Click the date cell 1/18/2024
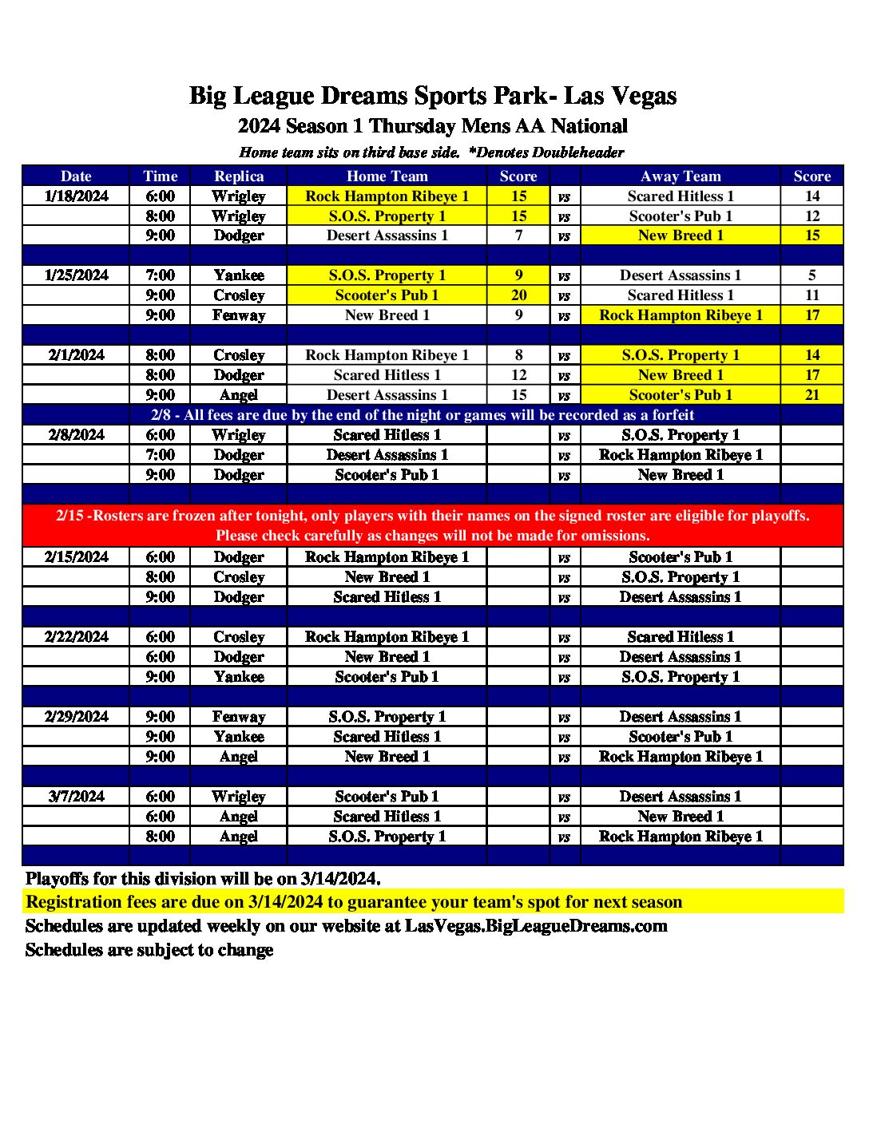pos(76,196)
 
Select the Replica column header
pos(239,176)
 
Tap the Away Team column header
pos(681,176)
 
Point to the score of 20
pos(518,295)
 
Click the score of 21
pos(811,395)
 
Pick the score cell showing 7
pos(518,235)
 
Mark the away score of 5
pos(811,275)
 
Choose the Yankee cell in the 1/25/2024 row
pos(239,275)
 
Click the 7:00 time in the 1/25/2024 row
pos(160,275)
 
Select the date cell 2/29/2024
pos(76,717)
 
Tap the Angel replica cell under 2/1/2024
pos(239,395)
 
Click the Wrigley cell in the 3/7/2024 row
pos(239,797)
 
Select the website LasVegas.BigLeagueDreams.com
pos(536,926)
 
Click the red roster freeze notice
pos(433,525)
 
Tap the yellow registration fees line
pos(354,902)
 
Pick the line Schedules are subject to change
pos(149,950)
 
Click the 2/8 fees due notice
pos(423,415)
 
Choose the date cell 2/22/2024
pos(76,637)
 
